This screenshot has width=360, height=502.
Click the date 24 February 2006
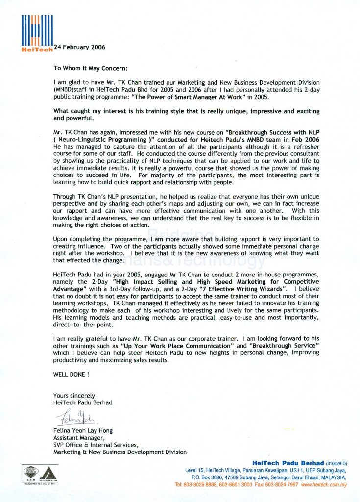coord(79,47)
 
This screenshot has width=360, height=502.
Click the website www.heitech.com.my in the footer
coord(324,485)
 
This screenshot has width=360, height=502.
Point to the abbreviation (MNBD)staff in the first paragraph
coord(70,90)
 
